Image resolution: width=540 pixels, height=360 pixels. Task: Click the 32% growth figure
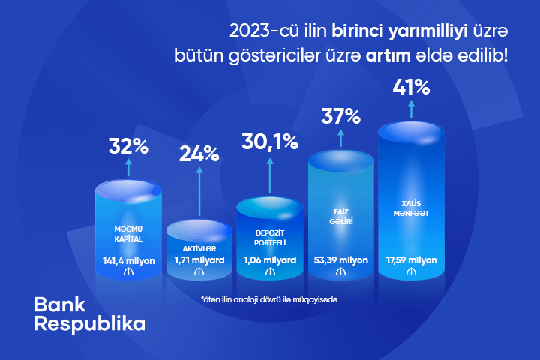[x=128, y=146]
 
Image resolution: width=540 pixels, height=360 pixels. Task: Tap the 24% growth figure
[x=199, y=154]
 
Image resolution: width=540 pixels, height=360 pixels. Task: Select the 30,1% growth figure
[x=270, y=142]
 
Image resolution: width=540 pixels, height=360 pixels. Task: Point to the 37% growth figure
[x=341, y=116]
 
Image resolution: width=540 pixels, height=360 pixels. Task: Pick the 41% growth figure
[x=411, y=87]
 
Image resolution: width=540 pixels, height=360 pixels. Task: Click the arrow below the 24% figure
[x=199, y=192]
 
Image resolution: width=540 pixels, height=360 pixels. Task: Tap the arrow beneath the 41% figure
[x=411, y=109]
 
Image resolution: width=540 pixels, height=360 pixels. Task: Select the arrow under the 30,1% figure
[x=270, y=175]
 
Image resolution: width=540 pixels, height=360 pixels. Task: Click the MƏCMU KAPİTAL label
[x=128, y=234]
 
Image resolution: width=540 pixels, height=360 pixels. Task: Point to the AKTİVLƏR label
[x=199, y=248]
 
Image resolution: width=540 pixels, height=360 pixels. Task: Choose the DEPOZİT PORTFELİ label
[x=270, y=238]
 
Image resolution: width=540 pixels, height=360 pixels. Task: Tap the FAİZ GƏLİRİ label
[x=341, y=217]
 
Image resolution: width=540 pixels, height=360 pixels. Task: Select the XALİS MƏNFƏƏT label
[x=411, y=208]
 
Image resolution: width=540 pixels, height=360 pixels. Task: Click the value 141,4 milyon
[x=129, y=261]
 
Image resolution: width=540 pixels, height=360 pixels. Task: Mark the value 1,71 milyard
[x=199, y=260]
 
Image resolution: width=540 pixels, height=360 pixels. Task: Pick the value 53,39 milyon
[x=341, y=260]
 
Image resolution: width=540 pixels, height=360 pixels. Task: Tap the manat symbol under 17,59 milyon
[x=411, y=271]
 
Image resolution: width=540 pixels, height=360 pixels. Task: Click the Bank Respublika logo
[x=89, y=313]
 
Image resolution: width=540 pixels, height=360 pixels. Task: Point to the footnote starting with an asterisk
[x=269, y=299]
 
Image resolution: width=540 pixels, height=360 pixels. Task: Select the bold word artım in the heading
[x=388, y=55]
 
